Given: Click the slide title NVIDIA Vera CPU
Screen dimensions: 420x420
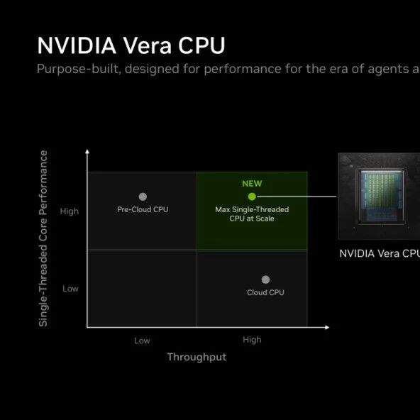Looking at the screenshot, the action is point(131,45).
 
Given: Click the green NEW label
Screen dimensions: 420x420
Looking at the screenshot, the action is point(252,184).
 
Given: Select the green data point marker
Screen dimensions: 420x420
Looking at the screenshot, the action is point(252,197).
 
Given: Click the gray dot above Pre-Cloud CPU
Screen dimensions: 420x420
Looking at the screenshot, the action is point(143,197).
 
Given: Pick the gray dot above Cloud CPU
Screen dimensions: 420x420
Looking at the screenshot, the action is point(265,280).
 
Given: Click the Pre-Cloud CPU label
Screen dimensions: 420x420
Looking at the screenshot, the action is point(143,209).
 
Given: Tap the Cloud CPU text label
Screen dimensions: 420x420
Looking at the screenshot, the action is point(265,292).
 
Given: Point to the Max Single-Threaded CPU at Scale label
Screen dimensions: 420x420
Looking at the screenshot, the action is point(252,214).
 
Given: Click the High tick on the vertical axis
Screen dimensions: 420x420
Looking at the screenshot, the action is point(70,211).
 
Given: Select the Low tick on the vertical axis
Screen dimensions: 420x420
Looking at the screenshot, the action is point(70,289).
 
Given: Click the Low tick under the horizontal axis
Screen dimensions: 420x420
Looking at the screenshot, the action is point(142,341).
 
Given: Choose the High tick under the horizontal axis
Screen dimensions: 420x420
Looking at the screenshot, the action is point(252,340).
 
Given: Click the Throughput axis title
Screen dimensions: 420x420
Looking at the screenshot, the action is point(197,358).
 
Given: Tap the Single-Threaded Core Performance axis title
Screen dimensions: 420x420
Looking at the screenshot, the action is point(43,238).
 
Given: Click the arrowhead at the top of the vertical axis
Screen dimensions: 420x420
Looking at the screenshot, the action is point(87,151).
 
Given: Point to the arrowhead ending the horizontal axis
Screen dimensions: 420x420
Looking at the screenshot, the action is point(327,327).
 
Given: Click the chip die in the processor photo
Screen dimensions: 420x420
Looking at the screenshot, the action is point(382,196).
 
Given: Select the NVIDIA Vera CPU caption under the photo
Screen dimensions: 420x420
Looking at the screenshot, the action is point(380,253).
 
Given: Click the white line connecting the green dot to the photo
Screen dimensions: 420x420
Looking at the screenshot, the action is point(297,197).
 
